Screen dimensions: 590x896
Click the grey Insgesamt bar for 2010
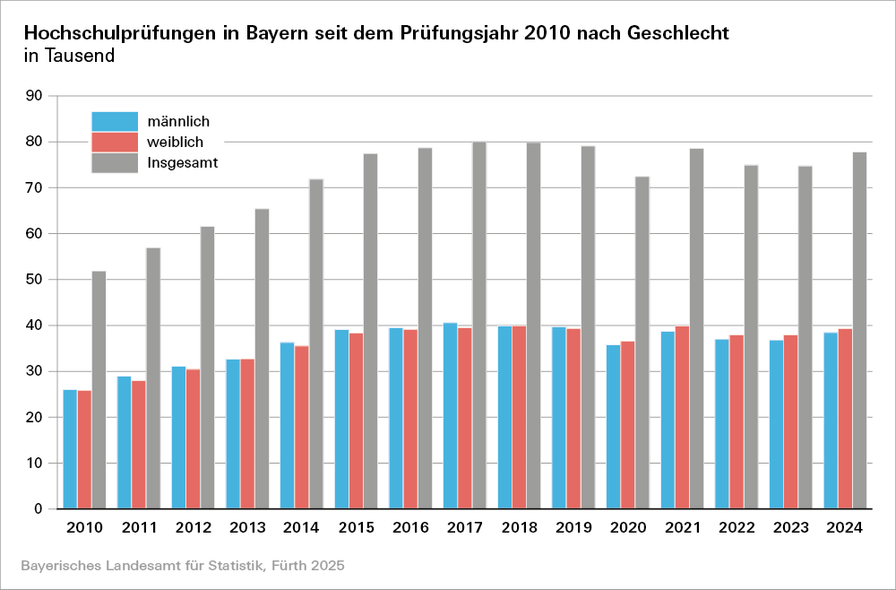point(99,390)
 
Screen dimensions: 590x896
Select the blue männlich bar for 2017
point(450,416)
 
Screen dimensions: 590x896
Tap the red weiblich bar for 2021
point(682,418)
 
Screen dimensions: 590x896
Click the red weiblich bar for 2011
point(139,445)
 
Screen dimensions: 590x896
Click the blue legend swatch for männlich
point(115,121)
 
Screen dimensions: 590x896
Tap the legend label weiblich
point(176,142)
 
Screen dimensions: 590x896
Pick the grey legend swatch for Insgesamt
point(115,162)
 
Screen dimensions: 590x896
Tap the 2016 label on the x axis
point(409,528)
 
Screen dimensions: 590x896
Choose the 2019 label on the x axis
point(573,528)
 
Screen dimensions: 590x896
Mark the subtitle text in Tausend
point(69,56)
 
